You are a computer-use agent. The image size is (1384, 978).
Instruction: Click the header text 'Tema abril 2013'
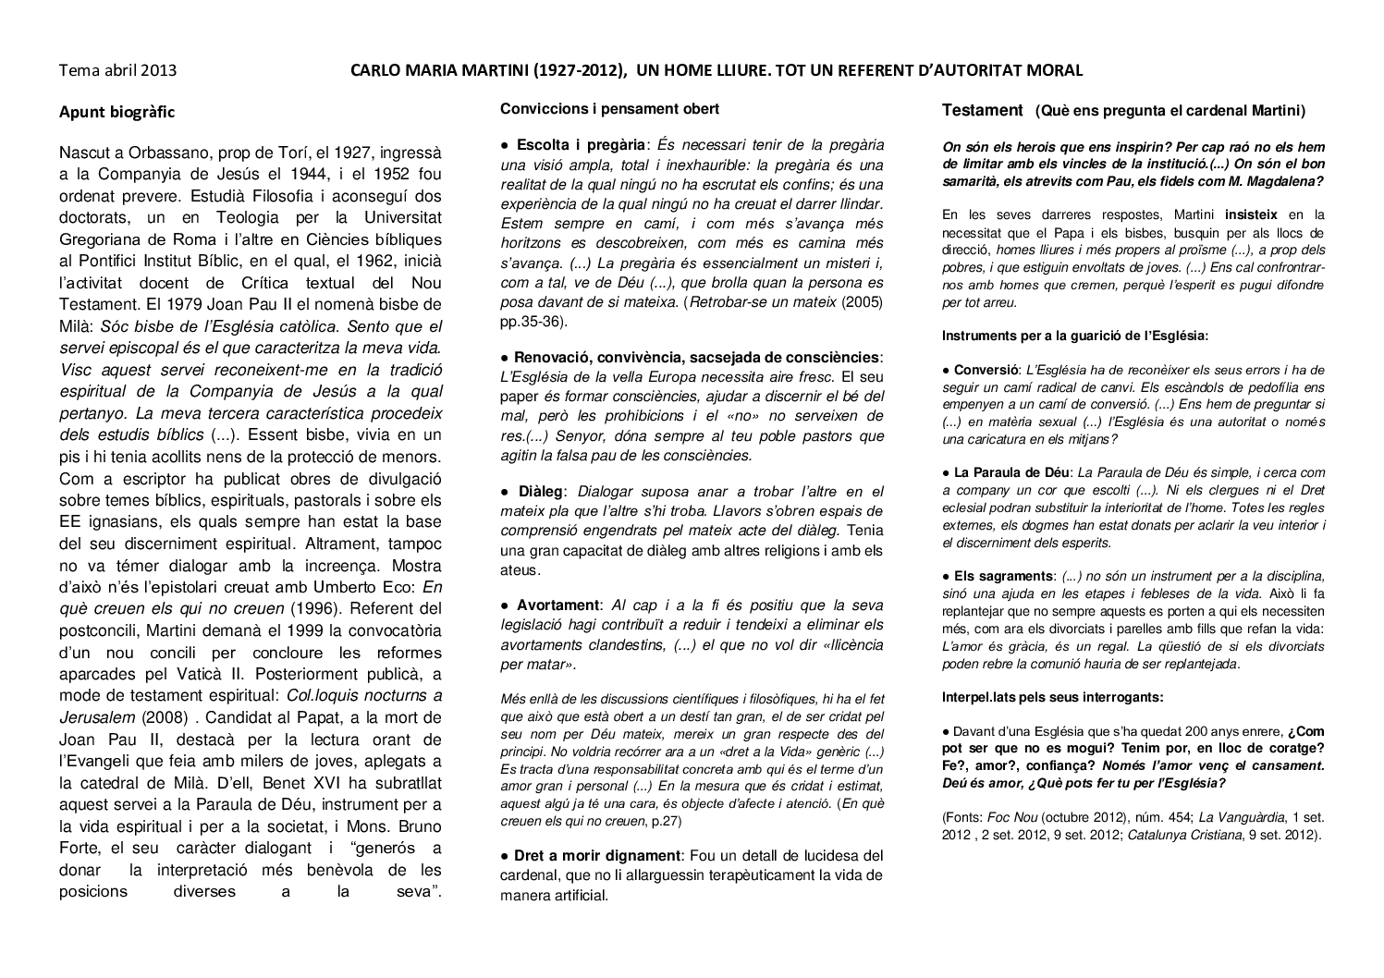click(117, 70)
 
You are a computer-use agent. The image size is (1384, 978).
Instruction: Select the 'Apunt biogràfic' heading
click(116, 112)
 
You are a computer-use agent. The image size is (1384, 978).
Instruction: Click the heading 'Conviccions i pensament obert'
click(609, 109)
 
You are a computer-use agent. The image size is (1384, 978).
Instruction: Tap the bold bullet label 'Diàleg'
click(540, 492)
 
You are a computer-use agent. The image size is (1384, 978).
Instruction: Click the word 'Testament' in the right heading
click(982, 111)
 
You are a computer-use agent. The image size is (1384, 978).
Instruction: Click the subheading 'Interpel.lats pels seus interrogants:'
click(1053, 697)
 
